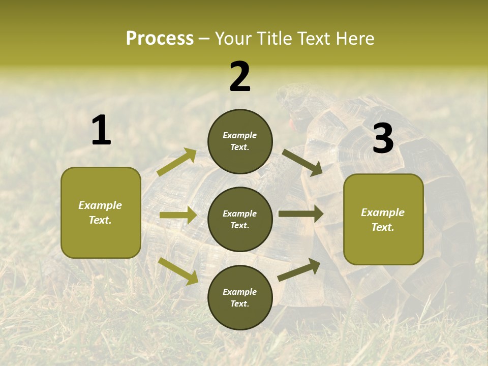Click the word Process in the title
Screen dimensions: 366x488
160,38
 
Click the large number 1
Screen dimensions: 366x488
101,131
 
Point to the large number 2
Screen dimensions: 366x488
240,77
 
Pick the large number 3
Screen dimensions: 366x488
383,139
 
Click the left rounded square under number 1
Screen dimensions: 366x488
101,212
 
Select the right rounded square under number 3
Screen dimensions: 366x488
383,219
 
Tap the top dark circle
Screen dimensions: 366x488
240,141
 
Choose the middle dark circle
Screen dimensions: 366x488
240,219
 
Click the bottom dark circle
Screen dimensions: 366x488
240,297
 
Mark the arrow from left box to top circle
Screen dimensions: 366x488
177,162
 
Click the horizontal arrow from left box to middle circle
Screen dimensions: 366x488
178,215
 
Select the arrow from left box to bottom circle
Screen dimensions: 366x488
178,271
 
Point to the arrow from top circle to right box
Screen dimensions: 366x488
302,162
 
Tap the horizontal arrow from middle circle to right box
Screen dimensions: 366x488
301,214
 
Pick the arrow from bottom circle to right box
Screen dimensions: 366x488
299,270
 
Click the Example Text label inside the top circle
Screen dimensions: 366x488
240,141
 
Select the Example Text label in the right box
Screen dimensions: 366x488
383,220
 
